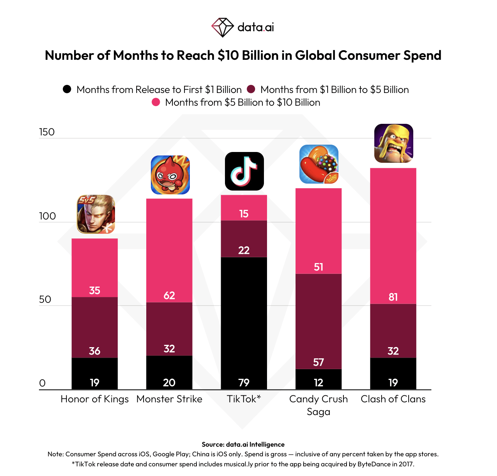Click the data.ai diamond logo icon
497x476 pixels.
tap(222, 27)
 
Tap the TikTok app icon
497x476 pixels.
tap(244, 171)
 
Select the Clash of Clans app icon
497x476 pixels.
tap(394, 143)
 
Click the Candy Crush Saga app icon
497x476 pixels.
tap(319, 164)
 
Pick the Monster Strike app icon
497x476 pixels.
tap(170, 175)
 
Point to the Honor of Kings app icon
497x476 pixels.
tap(96, 214)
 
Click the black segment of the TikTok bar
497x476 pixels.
tap(244, 320)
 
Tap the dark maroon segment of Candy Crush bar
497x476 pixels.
tap(318, 320)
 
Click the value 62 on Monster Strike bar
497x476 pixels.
tap(169, 295)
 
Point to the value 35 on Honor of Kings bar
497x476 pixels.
tap(95, 290)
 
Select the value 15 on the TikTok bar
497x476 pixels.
tap(244, 214)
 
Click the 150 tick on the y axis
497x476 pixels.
tap(47, 132)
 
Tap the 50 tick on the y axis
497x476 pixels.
tap(45, 300)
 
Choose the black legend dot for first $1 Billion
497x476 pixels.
tap(67, 89)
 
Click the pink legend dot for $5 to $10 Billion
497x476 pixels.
tap(156, 102)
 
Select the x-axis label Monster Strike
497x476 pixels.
tap(169, 399)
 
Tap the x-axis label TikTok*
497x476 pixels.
tap(244, 399)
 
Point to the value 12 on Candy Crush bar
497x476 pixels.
tap(318, 383)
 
